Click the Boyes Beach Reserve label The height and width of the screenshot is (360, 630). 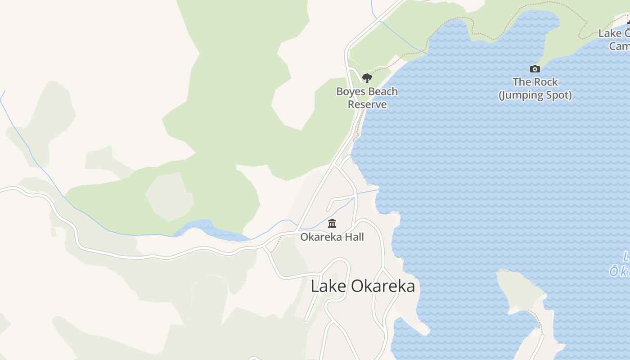(367, 98)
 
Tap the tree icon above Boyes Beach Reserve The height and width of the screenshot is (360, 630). (367, 78)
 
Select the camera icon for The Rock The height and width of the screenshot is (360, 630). (535, 69)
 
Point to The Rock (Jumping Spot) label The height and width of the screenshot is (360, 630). (535, 89)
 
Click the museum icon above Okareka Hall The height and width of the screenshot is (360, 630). (332, 223)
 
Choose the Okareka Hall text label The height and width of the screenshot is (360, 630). (332, 237)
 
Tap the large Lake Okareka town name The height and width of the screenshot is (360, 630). (363, 286)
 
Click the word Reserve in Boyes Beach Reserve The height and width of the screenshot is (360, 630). (367, 104)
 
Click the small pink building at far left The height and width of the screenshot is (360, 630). (54, 232)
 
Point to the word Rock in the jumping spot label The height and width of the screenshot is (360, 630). (545, 82)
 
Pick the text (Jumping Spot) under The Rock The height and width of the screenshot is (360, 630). (535, 95)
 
